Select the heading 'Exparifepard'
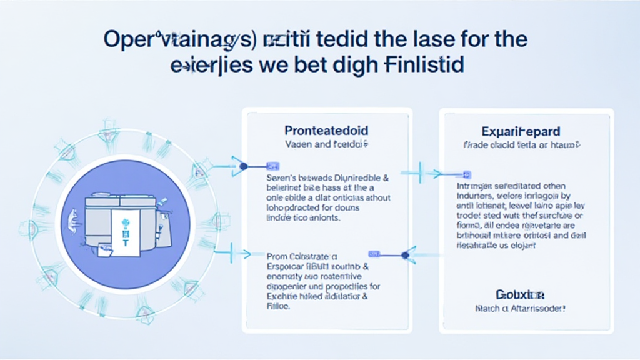[x=521, y=131]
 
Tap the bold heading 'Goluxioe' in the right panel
[x=520, y=294]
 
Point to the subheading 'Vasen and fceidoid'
[x=326, y=144]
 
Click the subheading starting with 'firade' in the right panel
[x=521, y=145]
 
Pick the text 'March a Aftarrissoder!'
[x=520, y=308]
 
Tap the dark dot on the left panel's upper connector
[x=244, y=166]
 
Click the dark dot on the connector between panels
[x=405, y=254]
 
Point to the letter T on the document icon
[x=125, y=226]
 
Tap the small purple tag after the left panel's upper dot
[x=272, y=166]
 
